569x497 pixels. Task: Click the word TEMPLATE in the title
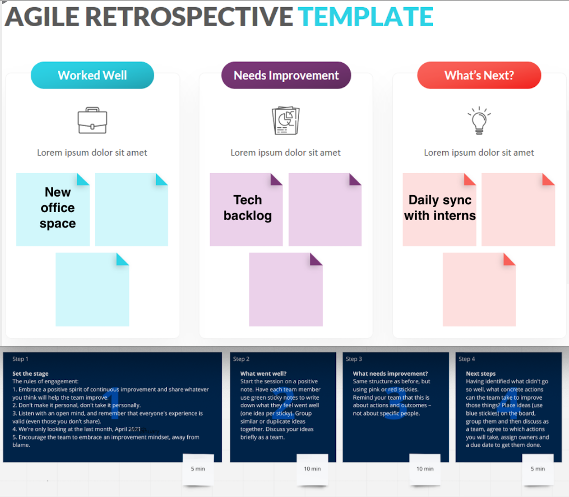point(365,17)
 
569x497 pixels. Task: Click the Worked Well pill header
point(92,75)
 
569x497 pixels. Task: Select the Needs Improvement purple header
point(286,75)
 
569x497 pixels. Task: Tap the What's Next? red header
point(479,75)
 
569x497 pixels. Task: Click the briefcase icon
point(92,120)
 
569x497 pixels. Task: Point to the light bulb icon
point(479,120)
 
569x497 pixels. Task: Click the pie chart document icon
point(285,120)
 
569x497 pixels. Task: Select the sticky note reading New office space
point(53,209)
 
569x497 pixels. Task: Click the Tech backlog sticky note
point(247,209)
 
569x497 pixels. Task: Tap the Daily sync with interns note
point(440,209)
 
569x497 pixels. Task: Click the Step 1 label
point(20,359)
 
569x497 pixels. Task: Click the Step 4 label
point(467,359)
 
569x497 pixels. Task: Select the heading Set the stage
point(30,373)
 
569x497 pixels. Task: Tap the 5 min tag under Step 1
point(198,469)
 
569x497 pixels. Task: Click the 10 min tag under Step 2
point(312,469)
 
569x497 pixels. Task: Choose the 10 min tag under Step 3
point(425,469)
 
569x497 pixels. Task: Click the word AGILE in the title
point(42,17)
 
